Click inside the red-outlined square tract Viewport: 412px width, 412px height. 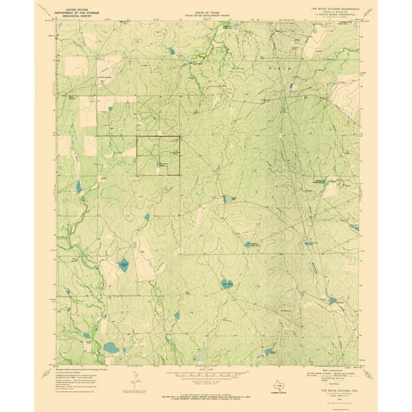(x=157, y=154)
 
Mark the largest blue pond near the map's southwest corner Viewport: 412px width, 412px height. (x=111, y=348)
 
